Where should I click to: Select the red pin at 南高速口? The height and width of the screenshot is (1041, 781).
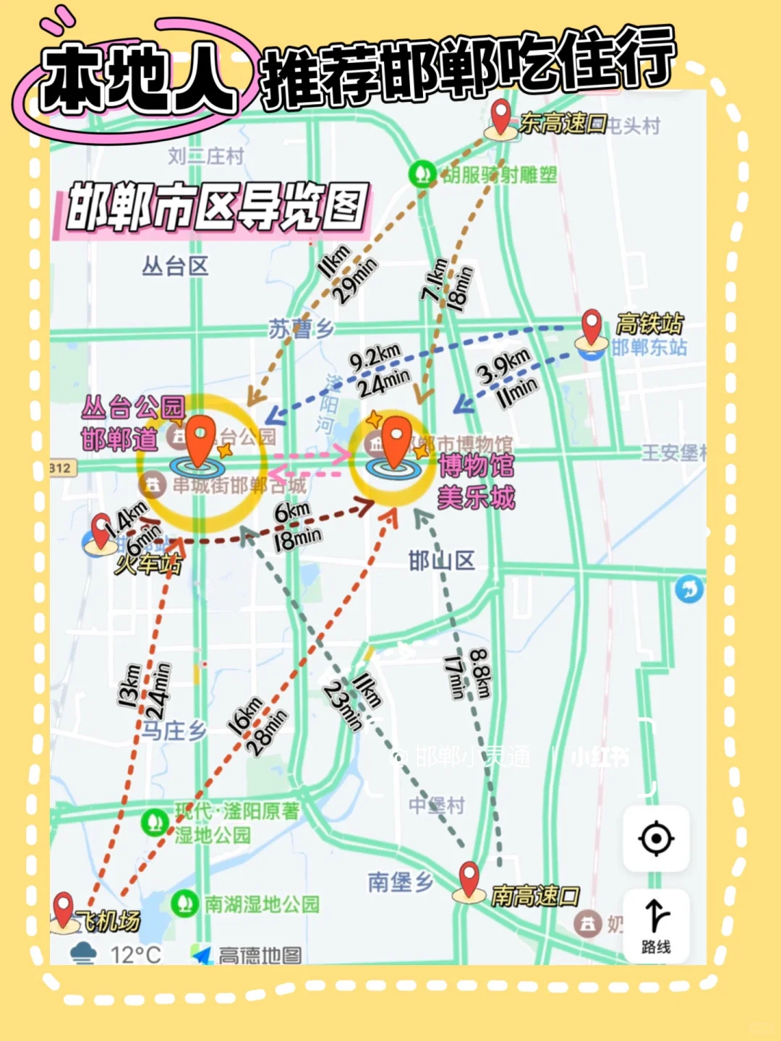click(x=469, y=879)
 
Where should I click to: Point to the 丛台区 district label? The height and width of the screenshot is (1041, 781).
click(x=175, y=267)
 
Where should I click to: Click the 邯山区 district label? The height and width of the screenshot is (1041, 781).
click(x=441, y=560)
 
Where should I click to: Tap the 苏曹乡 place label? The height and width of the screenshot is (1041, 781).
click(x=301, y=329)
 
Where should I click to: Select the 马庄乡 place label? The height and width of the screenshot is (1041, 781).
click(x=174, y=730)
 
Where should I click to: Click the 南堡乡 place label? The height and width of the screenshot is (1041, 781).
click(x=400, y=882)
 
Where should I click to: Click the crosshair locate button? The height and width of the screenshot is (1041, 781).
click(x=656, y=839)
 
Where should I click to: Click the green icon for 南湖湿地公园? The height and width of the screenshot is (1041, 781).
click(x=184, y=903)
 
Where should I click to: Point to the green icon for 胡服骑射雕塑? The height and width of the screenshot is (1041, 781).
click(x=421, y=173)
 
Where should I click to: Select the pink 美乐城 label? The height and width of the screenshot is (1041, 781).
click(x=477, y=497)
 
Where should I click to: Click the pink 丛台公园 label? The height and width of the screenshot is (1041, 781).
click(x=133, y=408)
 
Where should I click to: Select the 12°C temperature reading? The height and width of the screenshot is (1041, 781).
click(x=135, y=955)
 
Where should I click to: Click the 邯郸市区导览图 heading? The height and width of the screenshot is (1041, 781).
click(x=217, y=207)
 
